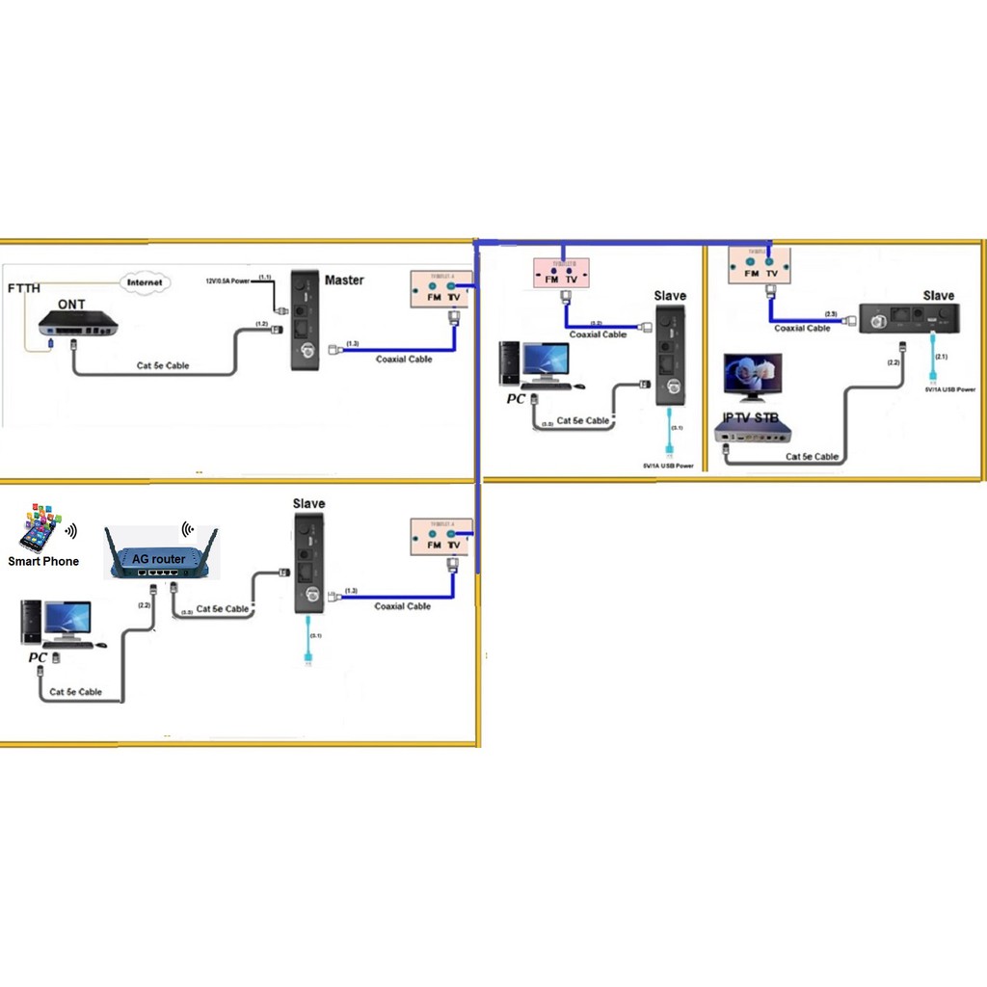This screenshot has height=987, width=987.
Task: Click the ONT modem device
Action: (x=77, y=325)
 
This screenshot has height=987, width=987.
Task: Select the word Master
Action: (x=344, y=280)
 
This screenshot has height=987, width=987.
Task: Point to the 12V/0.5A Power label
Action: (x=227, y=280)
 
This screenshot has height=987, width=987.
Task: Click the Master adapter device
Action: (x=307, y=321)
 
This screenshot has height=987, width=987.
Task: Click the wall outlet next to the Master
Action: (x=441, y=287)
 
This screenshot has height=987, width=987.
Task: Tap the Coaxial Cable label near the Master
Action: (x=404, y=360)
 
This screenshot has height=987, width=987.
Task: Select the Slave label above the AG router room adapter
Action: (x=308, y=503)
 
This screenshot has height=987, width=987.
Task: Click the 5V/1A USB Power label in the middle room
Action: (x=669, y=466)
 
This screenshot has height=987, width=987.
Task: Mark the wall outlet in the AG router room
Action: (x=441, y=538)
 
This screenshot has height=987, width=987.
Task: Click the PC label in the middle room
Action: (x=516, y=398)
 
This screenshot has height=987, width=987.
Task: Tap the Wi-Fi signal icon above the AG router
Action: (x=188, y=529)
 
